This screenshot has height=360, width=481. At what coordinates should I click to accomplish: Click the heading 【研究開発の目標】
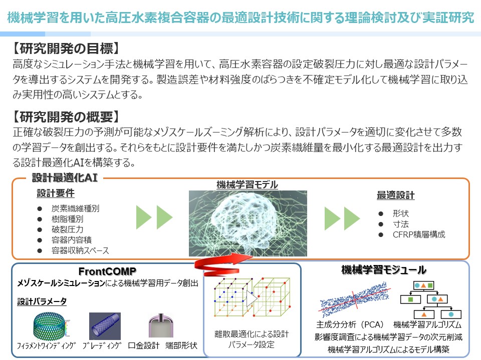66,48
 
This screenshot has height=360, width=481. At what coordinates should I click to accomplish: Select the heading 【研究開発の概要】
66,116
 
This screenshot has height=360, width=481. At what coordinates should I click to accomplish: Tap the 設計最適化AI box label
65,177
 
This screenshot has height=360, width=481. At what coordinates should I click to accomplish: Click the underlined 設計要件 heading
56,193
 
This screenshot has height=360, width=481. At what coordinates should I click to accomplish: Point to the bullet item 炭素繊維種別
76,208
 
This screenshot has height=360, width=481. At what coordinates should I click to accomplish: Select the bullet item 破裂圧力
68,229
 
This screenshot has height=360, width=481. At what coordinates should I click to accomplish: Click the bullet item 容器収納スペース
80,250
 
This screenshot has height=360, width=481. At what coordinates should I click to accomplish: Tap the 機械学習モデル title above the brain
247,184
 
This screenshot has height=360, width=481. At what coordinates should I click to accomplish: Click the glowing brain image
248,223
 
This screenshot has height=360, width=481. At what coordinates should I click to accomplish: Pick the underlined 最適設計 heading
396,195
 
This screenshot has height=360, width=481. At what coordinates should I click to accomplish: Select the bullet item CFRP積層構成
419,234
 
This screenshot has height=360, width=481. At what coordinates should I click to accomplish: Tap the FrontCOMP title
107,271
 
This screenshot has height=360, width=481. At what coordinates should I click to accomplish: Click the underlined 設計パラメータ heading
42,301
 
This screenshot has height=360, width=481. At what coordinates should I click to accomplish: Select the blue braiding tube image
105,326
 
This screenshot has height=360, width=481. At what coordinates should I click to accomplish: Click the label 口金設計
144,345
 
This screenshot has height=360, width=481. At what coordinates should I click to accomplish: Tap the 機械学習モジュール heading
384,269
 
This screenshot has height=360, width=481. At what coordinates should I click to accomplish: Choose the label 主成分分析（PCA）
350,324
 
